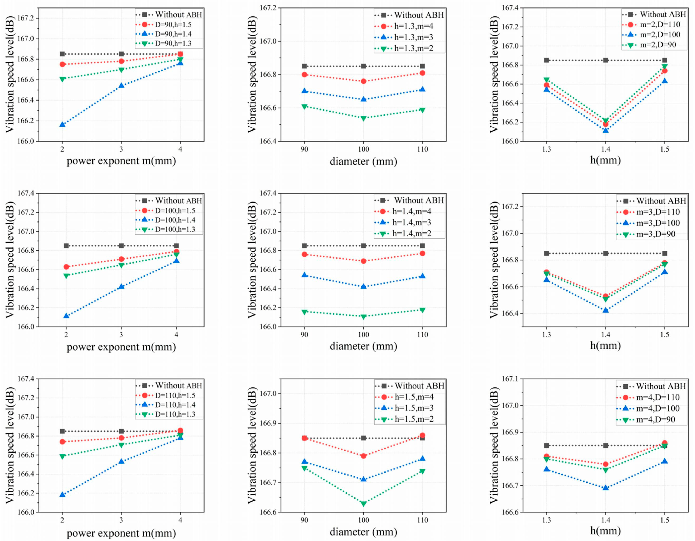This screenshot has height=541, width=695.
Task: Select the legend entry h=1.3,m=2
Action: (413, 48)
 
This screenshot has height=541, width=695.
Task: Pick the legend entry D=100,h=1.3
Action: (175, 229)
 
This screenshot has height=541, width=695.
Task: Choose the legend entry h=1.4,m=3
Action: (412, 222)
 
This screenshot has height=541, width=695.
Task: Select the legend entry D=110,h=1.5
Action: (175, 395)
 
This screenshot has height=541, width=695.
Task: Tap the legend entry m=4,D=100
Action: (658, 408)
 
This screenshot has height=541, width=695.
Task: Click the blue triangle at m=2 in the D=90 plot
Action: (62, 124)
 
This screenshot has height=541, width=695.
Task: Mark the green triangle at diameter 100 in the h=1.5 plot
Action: (363, 504)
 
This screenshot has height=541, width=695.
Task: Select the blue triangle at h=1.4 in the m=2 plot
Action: (606, 130)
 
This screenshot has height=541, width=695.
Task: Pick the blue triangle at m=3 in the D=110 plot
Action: (121, 461)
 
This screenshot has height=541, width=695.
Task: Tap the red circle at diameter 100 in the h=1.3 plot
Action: (363, 81)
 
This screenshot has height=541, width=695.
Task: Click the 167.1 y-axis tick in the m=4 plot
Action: (509, 379)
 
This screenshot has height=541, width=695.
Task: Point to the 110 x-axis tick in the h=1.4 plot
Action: (422, 334)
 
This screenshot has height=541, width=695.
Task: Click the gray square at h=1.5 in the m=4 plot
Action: (664, 446)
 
